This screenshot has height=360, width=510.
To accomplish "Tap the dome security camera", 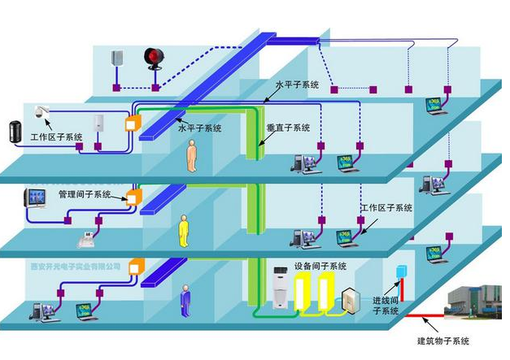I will pos(43,111).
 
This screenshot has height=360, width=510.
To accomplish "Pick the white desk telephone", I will pos(85,239).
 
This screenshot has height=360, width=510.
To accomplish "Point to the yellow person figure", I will pos(184,231).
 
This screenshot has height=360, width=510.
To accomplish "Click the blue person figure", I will pos(185,298).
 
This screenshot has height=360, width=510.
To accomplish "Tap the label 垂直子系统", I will pos(288,128).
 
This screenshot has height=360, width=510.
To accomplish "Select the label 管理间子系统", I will pos(85,194).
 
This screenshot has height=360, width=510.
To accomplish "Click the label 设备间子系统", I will pos(320,266).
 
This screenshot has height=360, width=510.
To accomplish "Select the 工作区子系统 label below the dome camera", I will pos(57,137).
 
